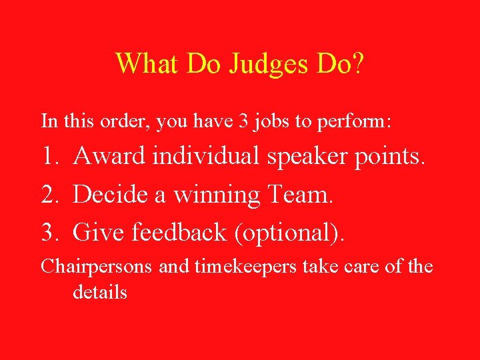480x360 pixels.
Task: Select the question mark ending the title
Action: point(359,63)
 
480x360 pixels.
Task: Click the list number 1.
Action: point(49,156)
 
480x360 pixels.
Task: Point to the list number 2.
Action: point(49,195)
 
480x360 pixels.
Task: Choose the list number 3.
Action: point(49,233)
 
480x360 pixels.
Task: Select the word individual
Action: point(207,156)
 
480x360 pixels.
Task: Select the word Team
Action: point(299,195)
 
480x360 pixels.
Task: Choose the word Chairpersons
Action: point(98,267)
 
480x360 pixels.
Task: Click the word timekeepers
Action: point(246,267)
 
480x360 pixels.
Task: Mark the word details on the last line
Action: point(100,292)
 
